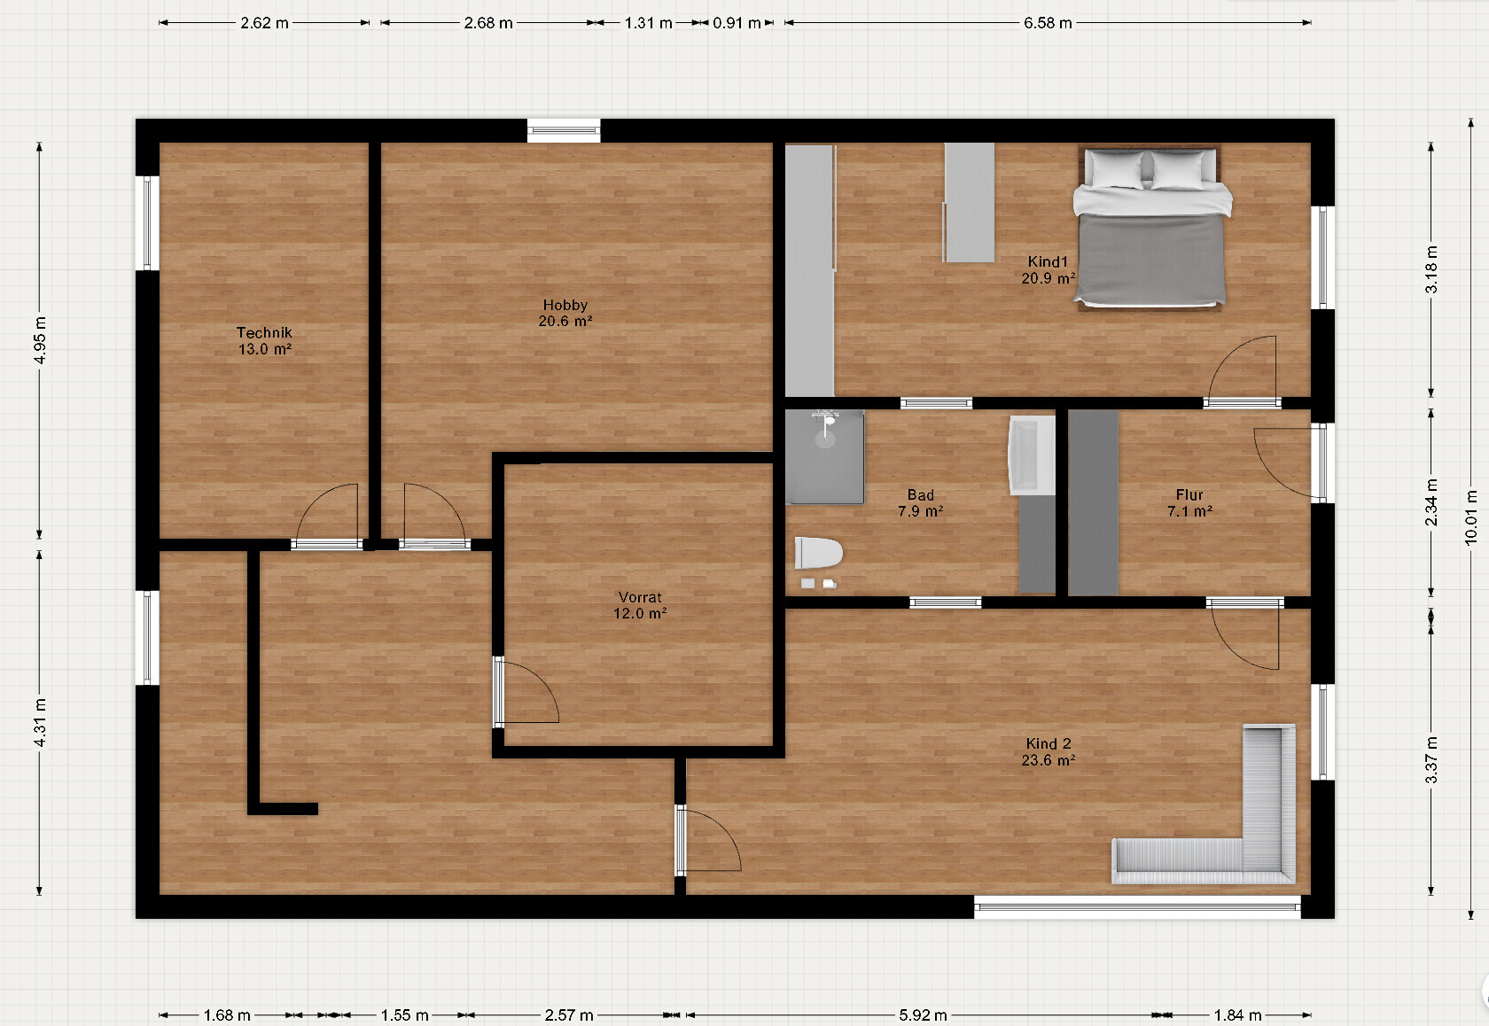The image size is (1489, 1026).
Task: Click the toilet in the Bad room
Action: click(x=818, y=553)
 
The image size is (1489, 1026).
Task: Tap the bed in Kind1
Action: click(x=1152, y=228)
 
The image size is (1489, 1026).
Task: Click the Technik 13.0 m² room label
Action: click(x=264, y=340)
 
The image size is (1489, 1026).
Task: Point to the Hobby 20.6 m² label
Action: click(x=565, y=312)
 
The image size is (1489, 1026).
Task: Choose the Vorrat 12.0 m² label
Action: click(x=640, y=604)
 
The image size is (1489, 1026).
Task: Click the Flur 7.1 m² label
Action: click(x=1189, y=502)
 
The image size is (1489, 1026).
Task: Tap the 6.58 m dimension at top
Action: click(x=1048, y=23)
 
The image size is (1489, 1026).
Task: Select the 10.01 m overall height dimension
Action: click(x=1471, y=518)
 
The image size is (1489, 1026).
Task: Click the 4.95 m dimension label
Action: click(x=40, y=340)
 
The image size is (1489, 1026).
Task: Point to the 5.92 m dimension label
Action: click(x=923, y=1014)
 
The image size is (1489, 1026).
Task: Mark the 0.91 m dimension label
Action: click(x=737, y=23)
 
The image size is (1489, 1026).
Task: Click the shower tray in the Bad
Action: click(x=824, y=456)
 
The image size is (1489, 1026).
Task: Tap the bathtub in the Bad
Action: click(x=1032, y=455)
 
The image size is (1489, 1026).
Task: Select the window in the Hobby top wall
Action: click(x=564, y=130)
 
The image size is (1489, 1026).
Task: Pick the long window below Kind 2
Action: click(x=1137, y=906)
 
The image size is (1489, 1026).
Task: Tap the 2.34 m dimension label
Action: click(x=1431, y=502)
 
